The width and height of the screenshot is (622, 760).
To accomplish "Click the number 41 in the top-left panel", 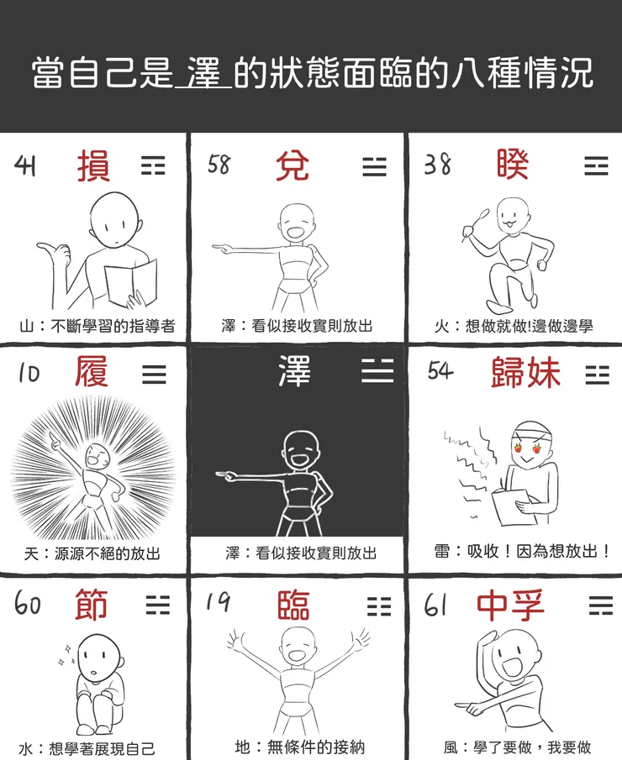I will (26, 165).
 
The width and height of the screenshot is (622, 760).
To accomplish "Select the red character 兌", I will (292, 165).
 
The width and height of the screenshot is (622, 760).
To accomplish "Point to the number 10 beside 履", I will (29, 373).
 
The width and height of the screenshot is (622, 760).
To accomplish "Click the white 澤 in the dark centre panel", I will (295, 371).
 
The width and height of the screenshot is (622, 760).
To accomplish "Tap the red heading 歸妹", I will (525, 373).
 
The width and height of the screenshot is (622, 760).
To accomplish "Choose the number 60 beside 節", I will (28, 604).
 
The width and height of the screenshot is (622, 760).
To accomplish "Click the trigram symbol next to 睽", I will (596, 165).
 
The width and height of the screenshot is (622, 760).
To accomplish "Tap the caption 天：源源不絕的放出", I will (92, 553).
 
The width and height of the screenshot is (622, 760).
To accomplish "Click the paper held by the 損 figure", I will (132, 280).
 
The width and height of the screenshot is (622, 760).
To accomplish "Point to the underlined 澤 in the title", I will (204, 74).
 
